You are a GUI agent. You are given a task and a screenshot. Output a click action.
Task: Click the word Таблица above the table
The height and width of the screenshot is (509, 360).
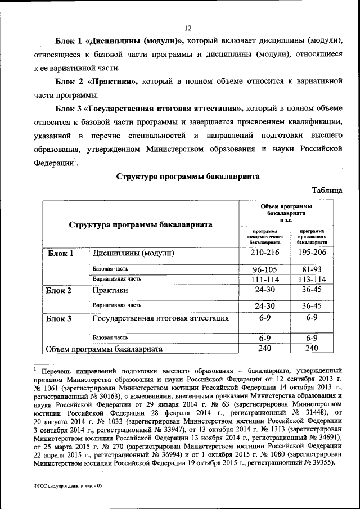[326, 191]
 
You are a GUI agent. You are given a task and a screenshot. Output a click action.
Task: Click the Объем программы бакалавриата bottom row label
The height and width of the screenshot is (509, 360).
[104, 349]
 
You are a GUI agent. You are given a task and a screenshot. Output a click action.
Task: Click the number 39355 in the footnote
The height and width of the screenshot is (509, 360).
[322, 462]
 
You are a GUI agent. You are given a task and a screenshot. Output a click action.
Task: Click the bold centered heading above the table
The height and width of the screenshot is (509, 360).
[188, 177]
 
